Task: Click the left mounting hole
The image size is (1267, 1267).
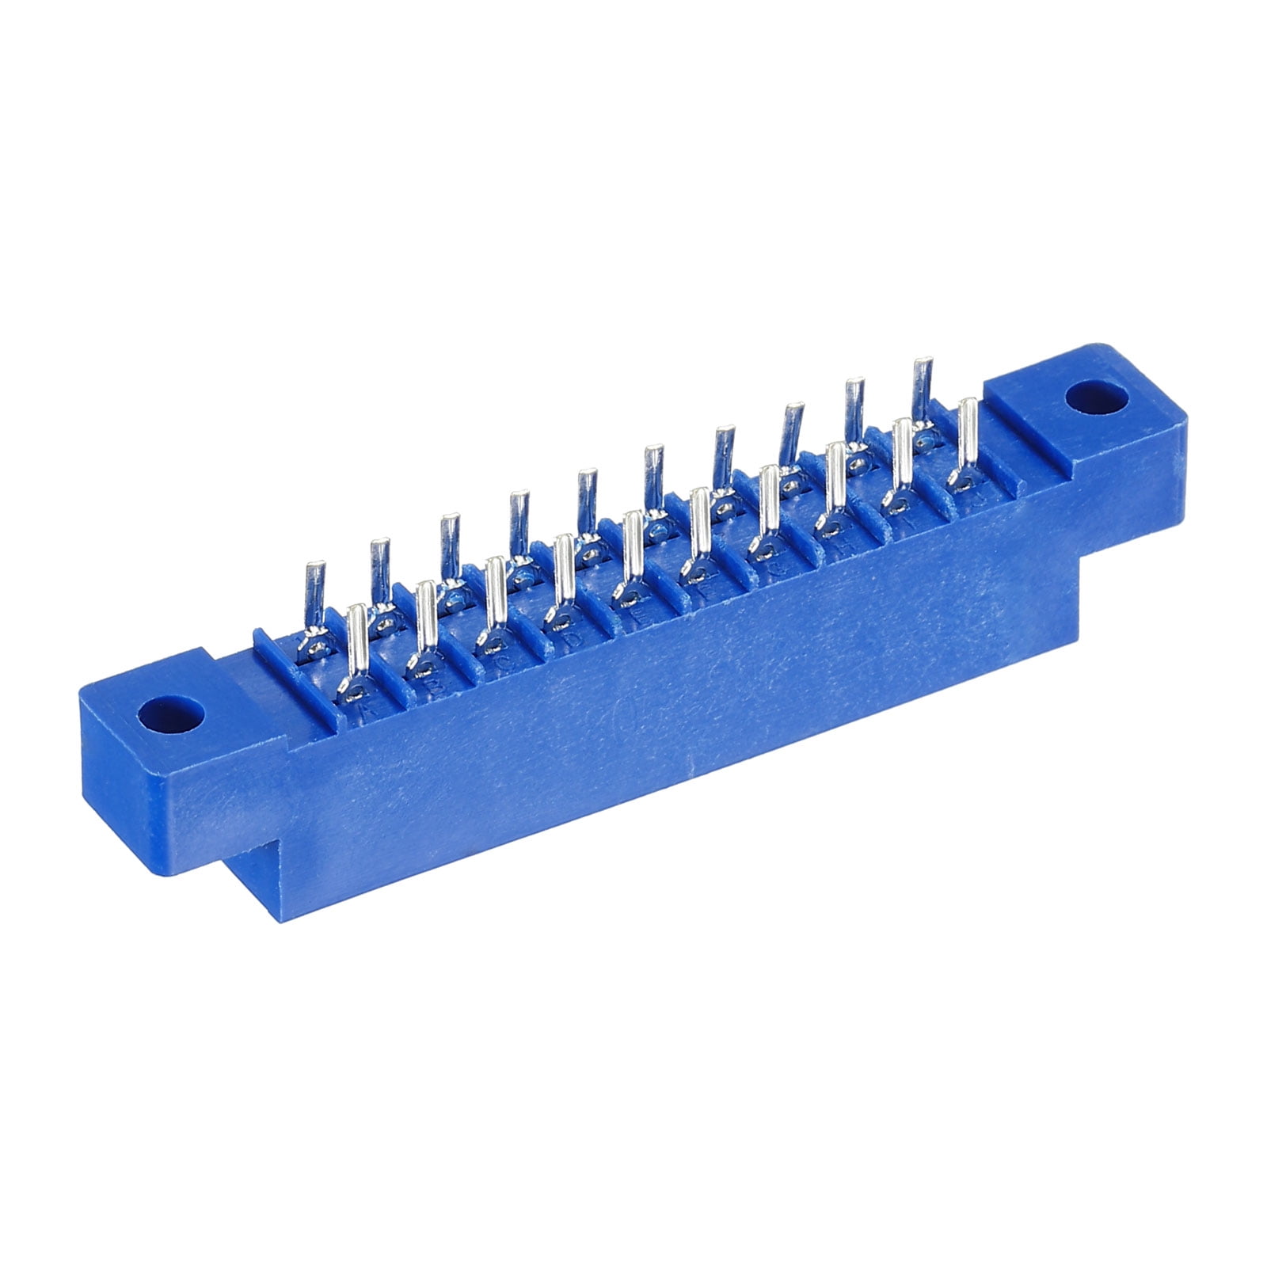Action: (x=170, y=715)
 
